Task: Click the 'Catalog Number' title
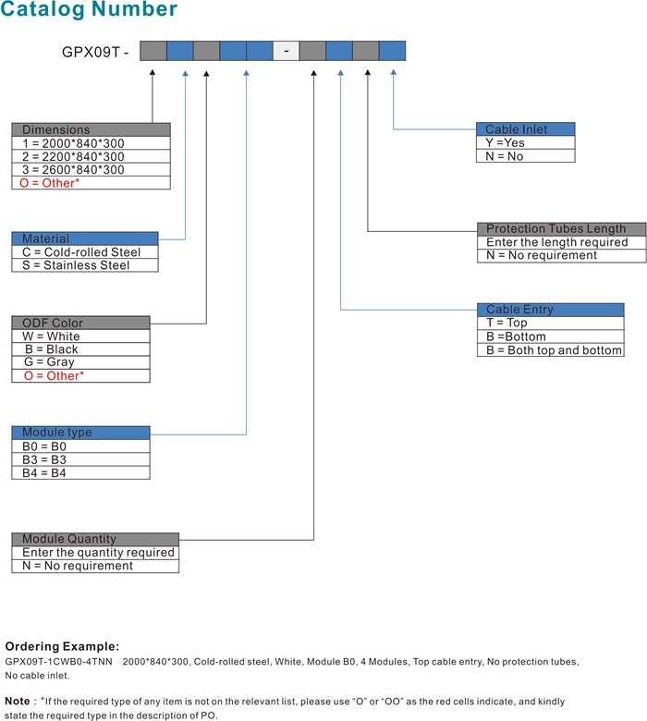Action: pyautogui.click(x=89, y=9)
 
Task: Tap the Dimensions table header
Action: pyautogui.click(x=92, y=129)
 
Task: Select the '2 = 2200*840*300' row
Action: pyautogui.click(x=92, y=156)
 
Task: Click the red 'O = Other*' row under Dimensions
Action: pyautogui.click(x=92, y=183)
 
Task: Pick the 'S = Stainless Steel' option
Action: pyautogui.click(x=85, y=265)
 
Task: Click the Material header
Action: pyautogui.click(x=85, y=238)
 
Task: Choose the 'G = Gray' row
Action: pyautogui.click(x=81, y=362)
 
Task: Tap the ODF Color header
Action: pyautogui.click(x=81, y=323)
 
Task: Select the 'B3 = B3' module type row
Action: pyautogui.click(x=81, y=459)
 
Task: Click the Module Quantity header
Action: pyautogui.click(x=95, y=539)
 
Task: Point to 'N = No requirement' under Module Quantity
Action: pyautogui.click(x=95, y=566)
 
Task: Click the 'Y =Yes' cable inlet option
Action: pyautogui.click(x=526, y=142)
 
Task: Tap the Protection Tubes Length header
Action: pyautogui.click(x=561, y=229)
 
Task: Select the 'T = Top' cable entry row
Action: pyautogui.click(x=551, y=323)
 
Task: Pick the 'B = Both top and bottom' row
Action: pyautogui.click(x=551, y=350)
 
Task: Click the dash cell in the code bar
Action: pyautogui.click(x=286, y=51)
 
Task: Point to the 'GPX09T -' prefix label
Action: pyautogui.click(x=95, y=52)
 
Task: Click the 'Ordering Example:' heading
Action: pyautogui.click(x=62, y=646)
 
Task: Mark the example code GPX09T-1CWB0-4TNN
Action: pyautogui.click(x=58, y=662)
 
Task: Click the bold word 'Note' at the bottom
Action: pyautogui.click(x=18, y=701)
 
